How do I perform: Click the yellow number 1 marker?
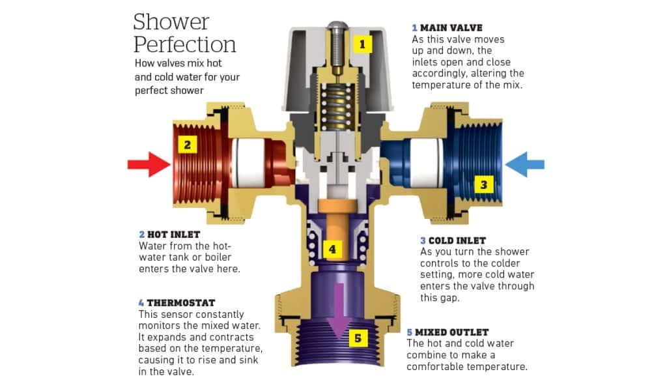pyautogui.click(x=362, y=44)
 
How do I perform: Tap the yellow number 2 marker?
pyautogui.click(x=187, y=145)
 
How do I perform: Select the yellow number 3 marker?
pyautogui.click(x=483, y=184)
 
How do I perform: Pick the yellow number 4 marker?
pyautogui.click(x=332, y=249)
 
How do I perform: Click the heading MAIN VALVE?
pyautogui.click(x=451, y=28)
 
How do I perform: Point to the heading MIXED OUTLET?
pyautogui.click(x=451, y=332)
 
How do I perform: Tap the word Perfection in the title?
pyautogui.click(x=184, y=45)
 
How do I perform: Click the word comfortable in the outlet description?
pyautogui.click(x=434, y=366)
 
